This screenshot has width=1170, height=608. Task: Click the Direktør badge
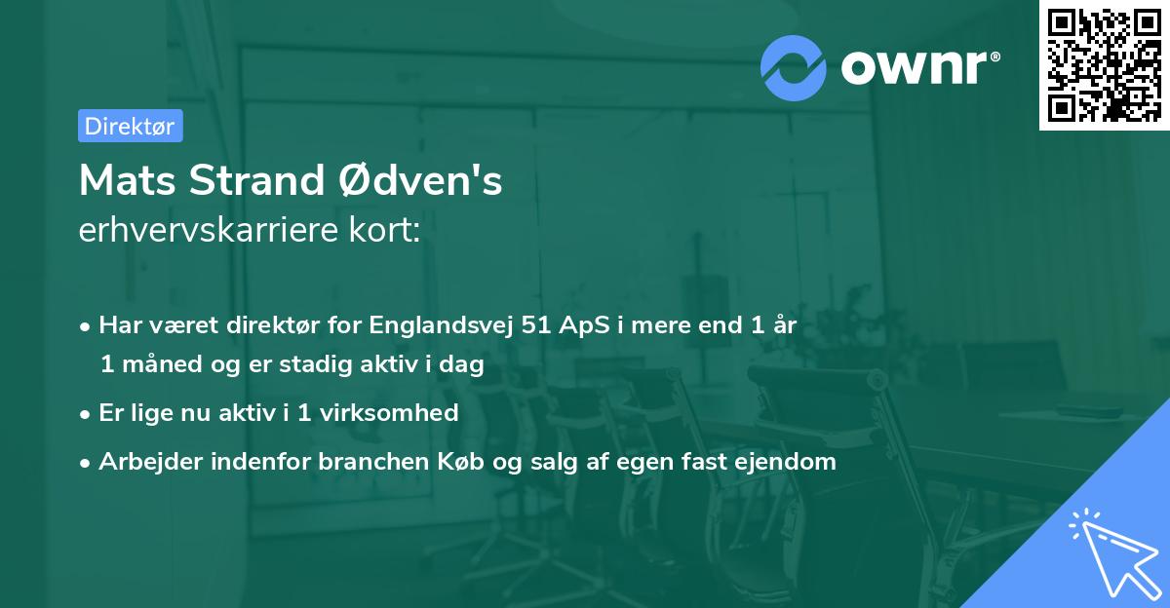tap(130, 126)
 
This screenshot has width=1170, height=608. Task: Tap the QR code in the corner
tap(1104, 64)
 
